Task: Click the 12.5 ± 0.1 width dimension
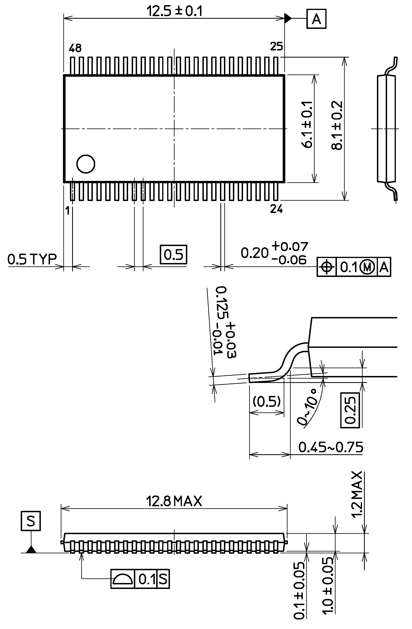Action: coord(174,12)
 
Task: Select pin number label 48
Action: coord(75,48)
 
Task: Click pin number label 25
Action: coord(277,46)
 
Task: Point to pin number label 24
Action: coord(277,209)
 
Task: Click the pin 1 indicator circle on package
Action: coord(86,164)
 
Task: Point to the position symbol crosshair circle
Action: coord(327,267)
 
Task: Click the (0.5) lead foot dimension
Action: coord(266,401)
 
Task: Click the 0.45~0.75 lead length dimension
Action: coord(331,447)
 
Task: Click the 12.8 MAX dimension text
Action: coord(174,501)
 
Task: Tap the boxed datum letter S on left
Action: coord(31,521)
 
